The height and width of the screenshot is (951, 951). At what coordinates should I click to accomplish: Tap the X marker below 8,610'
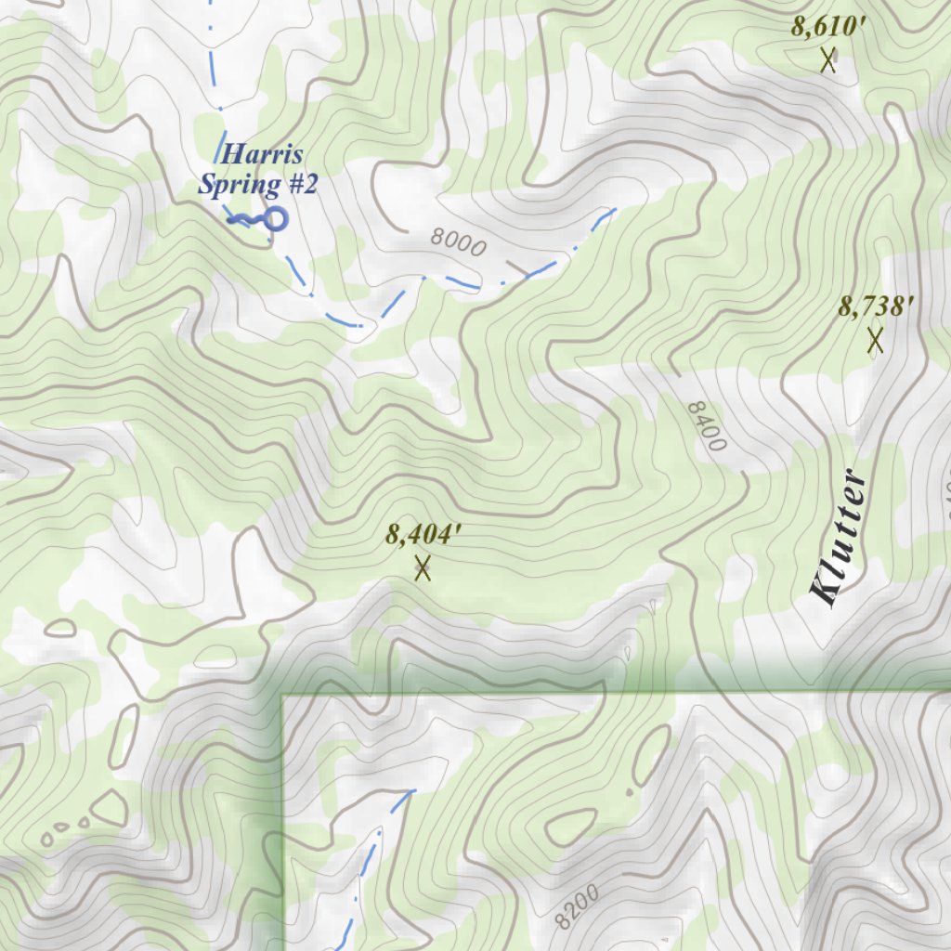click(828, 61)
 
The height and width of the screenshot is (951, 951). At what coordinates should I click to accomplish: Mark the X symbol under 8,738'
click(875, 341)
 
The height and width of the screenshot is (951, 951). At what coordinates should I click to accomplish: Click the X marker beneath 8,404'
click(423, 567)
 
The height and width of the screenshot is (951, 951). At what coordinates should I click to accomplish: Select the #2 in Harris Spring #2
click(302, 184)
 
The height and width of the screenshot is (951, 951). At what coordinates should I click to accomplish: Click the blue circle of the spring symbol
click(275, 219)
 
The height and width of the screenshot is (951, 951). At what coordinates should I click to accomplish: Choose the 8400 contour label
click(707, 426)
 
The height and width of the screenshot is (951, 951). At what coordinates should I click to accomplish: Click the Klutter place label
click(839, 539)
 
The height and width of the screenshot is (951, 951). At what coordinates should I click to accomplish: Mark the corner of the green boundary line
click(282, 695)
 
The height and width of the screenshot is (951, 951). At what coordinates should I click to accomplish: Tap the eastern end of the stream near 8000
click(613, 211)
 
